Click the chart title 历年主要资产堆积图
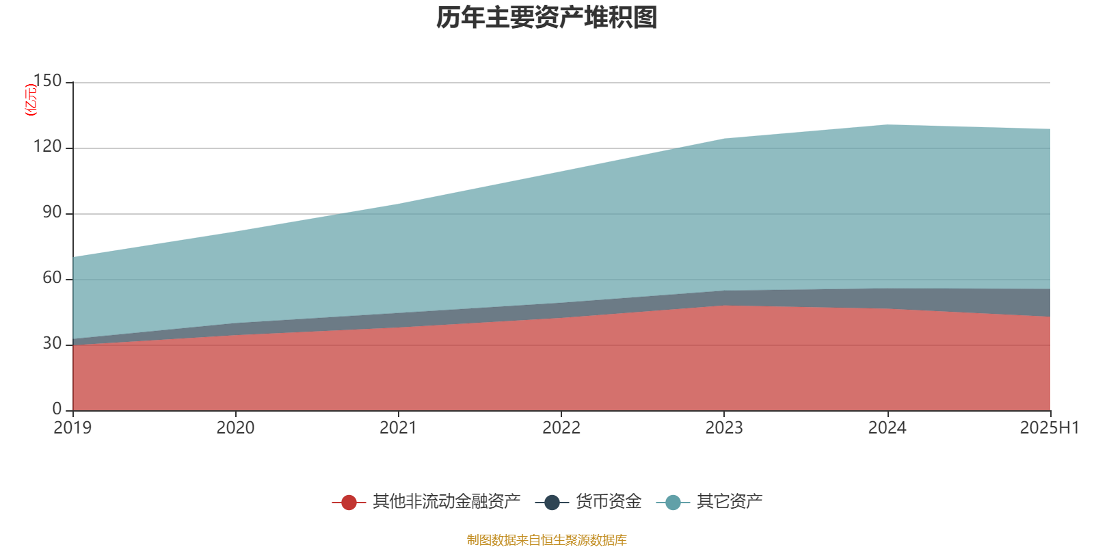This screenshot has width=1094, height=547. (547, 18)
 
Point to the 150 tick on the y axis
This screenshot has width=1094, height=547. (47, 81)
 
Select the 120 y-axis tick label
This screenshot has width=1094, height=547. (47, 147)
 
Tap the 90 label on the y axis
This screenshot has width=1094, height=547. (52, 213)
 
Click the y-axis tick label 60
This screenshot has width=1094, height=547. (52, 278)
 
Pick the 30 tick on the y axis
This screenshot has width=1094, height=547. (52, 344)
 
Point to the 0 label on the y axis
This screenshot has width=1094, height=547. (57, 409)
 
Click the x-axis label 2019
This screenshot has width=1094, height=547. (72, 428)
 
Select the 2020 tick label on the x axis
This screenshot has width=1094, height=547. (235, 428)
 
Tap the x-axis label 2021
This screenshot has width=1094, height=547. (398, 428)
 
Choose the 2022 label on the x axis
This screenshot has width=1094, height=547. (561, 428)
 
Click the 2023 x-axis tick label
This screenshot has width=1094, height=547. (724, 428)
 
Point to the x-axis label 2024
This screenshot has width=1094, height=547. (887, 428)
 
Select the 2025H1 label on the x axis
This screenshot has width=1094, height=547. (1049, 428)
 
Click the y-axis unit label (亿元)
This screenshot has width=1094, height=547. (31, 100)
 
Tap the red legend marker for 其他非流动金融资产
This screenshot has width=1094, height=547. (349, 503)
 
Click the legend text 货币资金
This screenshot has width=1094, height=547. (609, 502)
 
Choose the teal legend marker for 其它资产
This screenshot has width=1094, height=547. (673, 503)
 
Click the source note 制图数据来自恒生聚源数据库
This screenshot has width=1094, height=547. (547, 540)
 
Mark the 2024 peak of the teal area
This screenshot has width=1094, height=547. (887, 124)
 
